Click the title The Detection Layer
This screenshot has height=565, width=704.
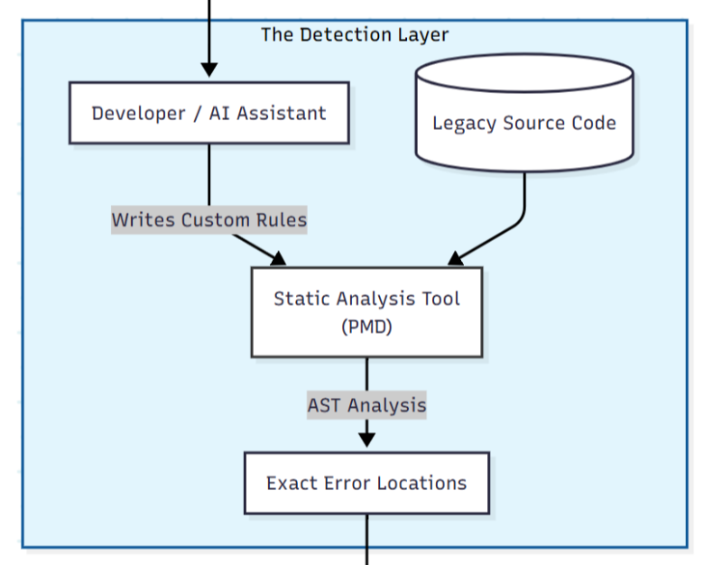tap(355, 35)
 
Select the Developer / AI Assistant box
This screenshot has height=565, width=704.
tap(208, 113)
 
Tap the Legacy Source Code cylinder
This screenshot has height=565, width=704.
tap(523, 123)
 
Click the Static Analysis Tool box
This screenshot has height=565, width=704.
tap(366, 311)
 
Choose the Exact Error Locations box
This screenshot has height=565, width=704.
tap(366, 483)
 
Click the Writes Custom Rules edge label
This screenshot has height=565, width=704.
tap(208, 220)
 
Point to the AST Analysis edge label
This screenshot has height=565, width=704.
tap(366, 405)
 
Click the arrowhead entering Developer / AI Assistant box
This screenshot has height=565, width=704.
tap(209, 70)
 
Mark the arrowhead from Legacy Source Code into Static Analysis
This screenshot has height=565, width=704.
tap(457, 258)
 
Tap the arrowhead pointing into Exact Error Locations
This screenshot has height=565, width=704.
tap(366, 440)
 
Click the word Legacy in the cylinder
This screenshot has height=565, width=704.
tap(461, 124)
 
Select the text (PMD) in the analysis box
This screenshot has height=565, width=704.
tap(366, 327)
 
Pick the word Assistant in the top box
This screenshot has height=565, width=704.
tap(281, 114)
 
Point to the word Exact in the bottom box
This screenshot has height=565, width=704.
tap(286, 483)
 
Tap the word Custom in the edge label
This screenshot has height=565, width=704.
tap(214, 220)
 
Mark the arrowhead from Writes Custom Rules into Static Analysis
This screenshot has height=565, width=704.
tap(276, 258)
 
